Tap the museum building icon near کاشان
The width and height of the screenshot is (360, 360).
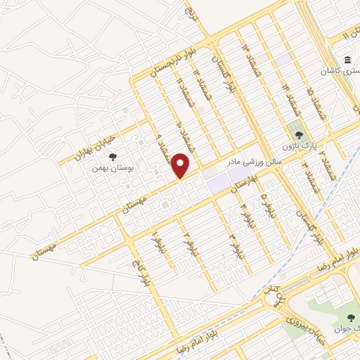point(349,61)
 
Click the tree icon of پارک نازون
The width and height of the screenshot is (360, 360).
point(298,135)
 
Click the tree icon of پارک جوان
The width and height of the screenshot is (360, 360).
point(349,318)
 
